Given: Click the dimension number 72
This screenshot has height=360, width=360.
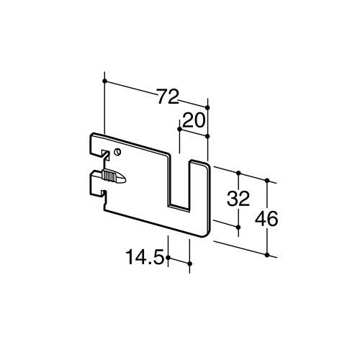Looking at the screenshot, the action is [168, 96].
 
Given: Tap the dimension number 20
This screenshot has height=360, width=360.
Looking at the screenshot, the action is [194, 120].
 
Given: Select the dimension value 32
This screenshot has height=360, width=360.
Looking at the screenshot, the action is [238, 199].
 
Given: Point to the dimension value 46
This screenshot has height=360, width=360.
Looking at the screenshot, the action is [266, 219].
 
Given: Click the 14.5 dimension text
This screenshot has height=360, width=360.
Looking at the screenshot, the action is [145, 257].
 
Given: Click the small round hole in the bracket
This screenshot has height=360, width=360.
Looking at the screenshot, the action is [117, 152].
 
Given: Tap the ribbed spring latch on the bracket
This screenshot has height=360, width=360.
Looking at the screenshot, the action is [114, 176].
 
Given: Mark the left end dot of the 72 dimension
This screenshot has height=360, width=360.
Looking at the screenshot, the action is [104, 81].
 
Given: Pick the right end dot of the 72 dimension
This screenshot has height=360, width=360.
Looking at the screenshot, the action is [208, 107].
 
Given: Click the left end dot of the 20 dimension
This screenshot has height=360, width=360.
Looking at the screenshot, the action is [179, 129].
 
